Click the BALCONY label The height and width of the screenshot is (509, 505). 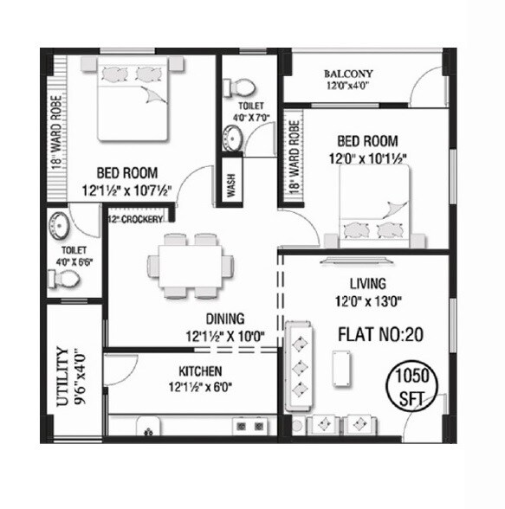tap(349, 74)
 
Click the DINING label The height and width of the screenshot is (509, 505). tap(223, 319)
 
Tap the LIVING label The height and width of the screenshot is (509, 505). tap(367, 284)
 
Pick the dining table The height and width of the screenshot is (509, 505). tap(190, 265)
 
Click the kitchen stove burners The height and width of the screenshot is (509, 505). tap(249, 427)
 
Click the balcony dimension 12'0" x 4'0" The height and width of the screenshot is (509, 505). tap(348, 87)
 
